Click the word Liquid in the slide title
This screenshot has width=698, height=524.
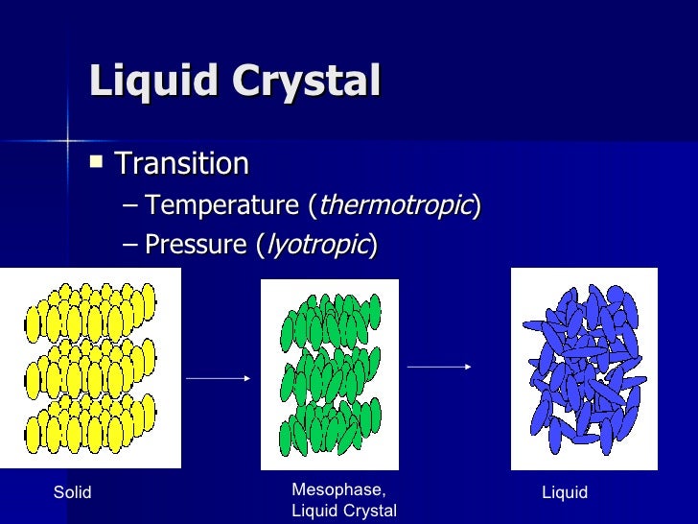pyautogui.click(x=148, y=82)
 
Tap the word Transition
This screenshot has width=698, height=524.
pyautogui.click(x=182, y=163)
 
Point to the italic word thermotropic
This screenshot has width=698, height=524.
pyautogui.click(x=394, y=204)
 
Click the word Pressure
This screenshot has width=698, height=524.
pyautogui.click(x=197, y=245)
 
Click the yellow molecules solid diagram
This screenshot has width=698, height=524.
pyautogui.click(x=90, y=368)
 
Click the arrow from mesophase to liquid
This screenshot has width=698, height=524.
pyautogui.click(x=438, y=366)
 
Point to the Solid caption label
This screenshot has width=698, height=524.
pyautogui.click(x=72, y=493)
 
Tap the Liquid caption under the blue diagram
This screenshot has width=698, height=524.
pyautogui.click(x=565, y=493)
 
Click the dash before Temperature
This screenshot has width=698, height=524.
pyautogui.click(x=130, y=205)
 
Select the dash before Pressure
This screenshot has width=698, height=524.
pyautogui.click(x=130, y=246)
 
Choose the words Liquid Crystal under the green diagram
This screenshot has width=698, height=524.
pyautogui.click(x=343, y=511)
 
